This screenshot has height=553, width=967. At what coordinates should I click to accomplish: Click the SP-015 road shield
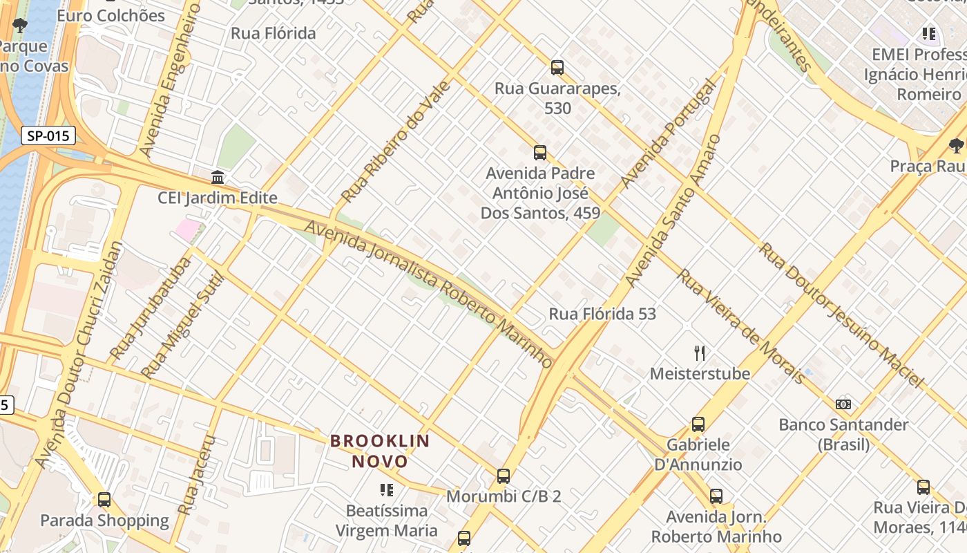48,135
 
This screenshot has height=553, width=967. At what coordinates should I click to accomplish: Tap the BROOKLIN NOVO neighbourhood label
380,451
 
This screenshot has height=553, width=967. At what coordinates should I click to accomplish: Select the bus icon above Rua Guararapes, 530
557,68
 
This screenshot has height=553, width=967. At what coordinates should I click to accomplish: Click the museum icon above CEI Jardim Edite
218,177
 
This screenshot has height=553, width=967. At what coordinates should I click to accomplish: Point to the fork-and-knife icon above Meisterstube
700,353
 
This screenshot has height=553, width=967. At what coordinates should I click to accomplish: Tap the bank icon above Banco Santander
843,404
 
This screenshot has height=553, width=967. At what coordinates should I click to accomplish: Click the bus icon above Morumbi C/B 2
504,476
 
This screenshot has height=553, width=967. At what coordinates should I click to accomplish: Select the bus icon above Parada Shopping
104,499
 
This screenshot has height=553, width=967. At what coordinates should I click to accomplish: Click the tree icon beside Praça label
956,145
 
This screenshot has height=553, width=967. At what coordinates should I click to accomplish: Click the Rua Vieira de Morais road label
740,326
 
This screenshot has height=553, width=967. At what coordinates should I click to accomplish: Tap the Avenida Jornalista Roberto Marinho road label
428,294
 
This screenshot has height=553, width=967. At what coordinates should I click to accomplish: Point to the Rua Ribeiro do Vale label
396,142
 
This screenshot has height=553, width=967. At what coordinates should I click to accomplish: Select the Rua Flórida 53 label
602,314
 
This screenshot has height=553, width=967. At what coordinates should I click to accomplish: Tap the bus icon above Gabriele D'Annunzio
698,424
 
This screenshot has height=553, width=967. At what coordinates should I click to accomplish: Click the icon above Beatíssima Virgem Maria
387,490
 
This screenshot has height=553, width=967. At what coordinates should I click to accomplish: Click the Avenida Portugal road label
667,135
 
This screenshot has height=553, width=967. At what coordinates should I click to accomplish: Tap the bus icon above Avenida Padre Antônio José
540,153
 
